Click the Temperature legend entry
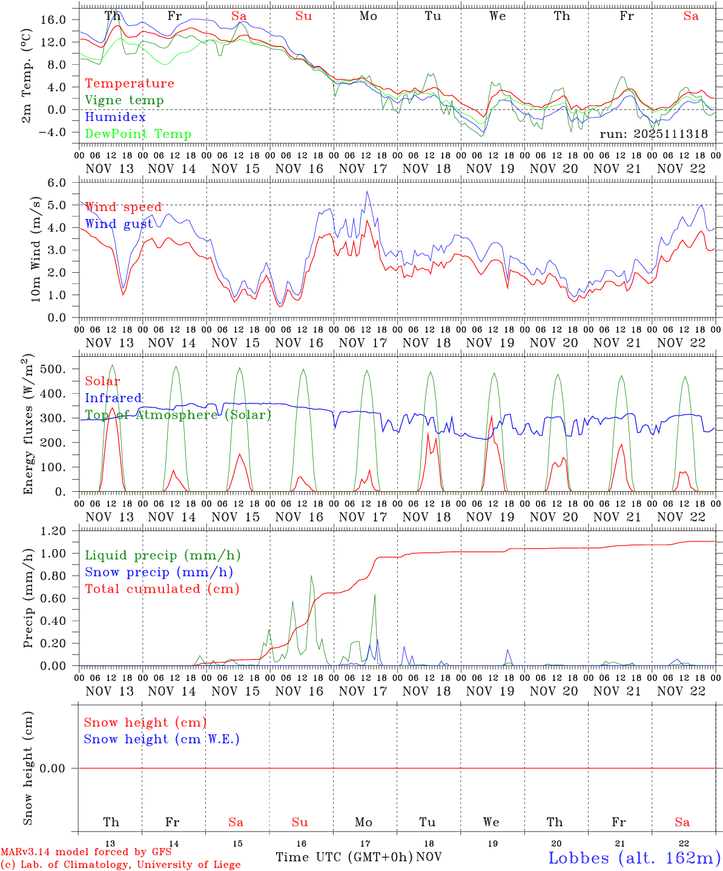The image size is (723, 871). click(129, 83)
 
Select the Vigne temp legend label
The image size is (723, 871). click(124, 100)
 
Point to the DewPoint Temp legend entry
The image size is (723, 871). click(138, 134)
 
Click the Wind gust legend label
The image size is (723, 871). click(119, 224)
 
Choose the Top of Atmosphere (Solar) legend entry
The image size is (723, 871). click(177, 415)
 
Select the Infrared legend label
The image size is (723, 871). click(113, 398)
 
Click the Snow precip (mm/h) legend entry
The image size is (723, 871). click(159, 572)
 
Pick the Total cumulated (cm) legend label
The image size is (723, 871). click(162, 589)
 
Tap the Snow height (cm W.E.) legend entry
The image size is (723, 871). click(162, 739)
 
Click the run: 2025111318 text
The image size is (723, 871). click(653, 134)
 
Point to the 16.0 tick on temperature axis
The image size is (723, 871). click(54, 20)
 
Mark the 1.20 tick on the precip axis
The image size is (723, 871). click(54, 531)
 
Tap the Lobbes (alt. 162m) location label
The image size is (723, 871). click(634, 858)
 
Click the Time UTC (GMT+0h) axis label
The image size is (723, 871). click(344, 857)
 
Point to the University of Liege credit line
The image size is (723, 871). click(120, 865)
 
